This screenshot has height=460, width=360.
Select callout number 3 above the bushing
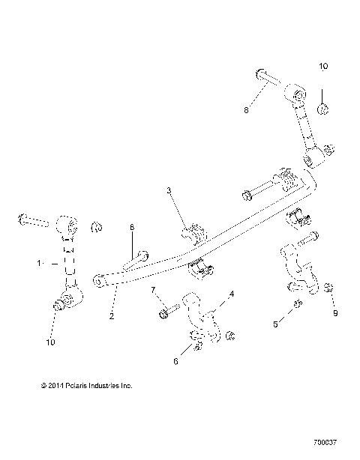point(169,193)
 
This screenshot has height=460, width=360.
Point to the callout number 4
point(232,294)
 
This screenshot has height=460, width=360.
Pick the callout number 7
point(153,289)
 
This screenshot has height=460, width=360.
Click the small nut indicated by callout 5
point(298,303)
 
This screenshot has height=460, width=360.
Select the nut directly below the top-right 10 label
point(322,109)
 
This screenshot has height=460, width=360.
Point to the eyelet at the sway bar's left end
point(98,282)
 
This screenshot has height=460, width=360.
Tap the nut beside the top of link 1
point(95,227)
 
